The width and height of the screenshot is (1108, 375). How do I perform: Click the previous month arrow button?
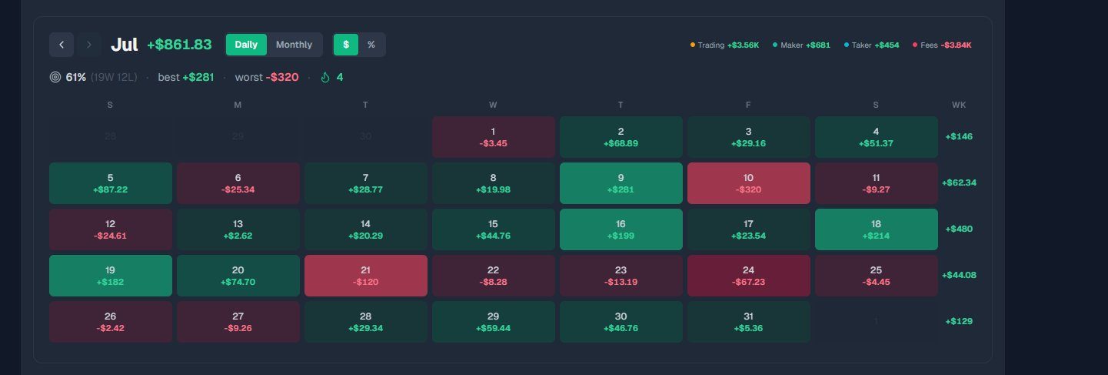point(62,45)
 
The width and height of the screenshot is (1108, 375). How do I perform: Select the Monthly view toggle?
point(294,45)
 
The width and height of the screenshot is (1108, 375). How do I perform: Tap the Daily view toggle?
point(246,45)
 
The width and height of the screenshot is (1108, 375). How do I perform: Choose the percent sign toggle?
point(371,45)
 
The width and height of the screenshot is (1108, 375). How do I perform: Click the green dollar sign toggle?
point(346,45)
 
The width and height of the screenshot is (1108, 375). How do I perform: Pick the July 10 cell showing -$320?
point(748,183)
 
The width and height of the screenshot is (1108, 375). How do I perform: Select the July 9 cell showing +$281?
point(621,183)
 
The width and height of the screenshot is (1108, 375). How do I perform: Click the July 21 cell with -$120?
point(365,276)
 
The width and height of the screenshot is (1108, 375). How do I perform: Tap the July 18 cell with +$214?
point(876,229)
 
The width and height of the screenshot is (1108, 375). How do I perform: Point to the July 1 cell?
point(493,137)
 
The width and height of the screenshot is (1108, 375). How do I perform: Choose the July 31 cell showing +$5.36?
point(748,322)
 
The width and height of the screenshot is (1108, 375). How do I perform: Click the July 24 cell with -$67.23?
point(748,276)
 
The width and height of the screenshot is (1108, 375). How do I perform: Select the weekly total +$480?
point(959,229)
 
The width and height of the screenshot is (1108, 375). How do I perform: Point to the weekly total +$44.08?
point(959,275)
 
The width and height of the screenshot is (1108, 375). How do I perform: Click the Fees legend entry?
point(942,45)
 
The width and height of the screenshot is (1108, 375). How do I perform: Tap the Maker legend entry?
point(801,45)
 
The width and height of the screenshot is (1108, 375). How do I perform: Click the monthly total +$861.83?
point(179,45)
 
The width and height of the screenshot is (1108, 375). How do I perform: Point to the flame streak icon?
point(325,77)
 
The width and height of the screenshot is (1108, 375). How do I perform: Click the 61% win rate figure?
point(75,77)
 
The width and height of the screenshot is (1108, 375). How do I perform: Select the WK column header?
point(959,105)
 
